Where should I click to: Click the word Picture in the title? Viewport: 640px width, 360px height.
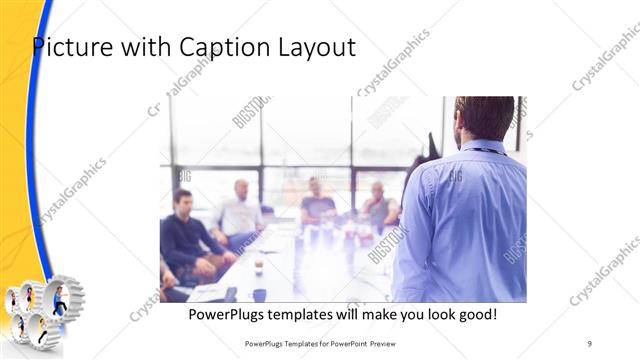pyautogui.click(x=69, y=46)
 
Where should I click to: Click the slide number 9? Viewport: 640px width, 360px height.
pyautogui.click(x=590, y=343)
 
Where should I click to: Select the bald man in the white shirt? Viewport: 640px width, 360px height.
pyautogui.click(x=239, y=210)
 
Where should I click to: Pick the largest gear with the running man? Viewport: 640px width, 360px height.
pyautogui.click(x=60, y=301)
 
